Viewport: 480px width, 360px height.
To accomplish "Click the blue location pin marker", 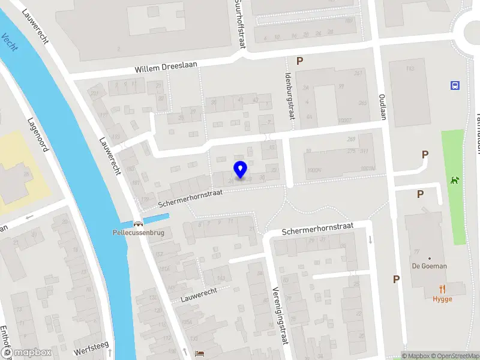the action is tap(241, 170).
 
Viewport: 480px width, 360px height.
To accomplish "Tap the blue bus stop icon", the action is tap(454, 85).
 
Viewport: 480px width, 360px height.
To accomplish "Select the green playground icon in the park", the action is tap(455, 179).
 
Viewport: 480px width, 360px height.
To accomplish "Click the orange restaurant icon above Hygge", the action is tap(443, 288).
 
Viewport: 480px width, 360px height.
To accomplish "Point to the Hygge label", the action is tap(442, 299).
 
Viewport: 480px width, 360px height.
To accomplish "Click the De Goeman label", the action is tap(429, 266).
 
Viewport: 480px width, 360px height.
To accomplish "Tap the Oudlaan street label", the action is tap(382, 106).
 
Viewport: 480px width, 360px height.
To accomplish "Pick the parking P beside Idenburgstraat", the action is tap(299, 60).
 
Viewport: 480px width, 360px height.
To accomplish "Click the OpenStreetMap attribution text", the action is tap(450, 356).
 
